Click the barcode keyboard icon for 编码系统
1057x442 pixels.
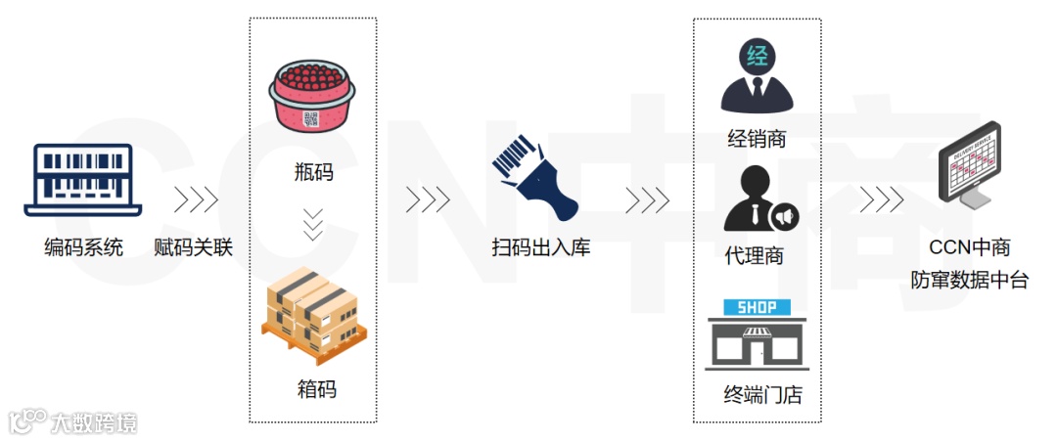pyautogui.click(x=82, y=180)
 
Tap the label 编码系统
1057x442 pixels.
pyautogui.click(x=83, y=247)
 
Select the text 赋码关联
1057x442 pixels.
pyautogui.click(x=194, y=247)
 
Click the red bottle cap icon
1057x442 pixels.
pyautogui.click(x=312, y=98)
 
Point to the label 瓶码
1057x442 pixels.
pyautogui.click(x=314, y=172)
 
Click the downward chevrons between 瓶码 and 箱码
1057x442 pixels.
pyautogui.click(x=313, y=224)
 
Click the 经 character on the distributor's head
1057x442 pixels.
pyautogui.click(x=757, y=56)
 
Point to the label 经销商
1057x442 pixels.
pyautogui.click(x=757, y=139)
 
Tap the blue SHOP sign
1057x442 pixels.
pyautogui.click(x=757, y=307)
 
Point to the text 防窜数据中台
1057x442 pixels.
pyautogui.click(x=969, y=281)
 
